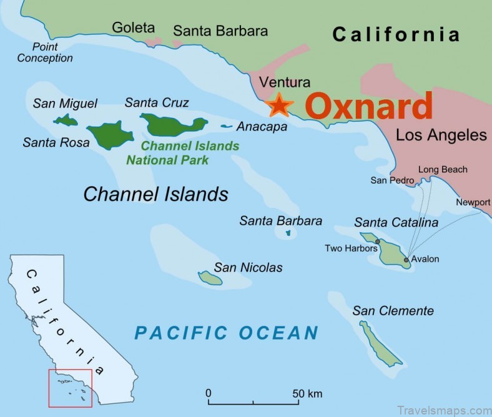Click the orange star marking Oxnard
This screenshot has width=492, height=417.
(x=278, y=105)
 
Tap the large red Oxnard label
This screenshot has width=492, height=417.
(x=370, y=106)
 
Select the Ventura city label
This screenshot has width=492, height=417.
(x=285, y=82)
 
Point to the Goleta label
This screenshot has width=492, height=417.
(x=133, y=27)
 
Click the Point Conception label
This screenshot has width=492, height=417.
(x=45, y=52)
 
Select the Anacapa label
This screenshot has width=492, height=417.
(x=262, y=127)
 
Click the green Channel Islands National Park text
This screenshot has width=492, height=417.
(x=181, y=153)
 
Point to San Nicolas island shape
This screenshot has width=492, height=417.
(x=210, y=277)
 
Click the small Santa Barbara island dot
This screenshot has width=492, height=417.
(x=288, y=233)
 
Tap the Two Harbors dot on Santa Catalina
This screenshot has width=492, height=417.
(x=378, y=241)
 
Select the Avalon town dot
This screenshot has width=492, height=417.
(x=406, y=260)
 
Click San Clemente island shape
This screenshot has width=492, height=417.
(x=380, y=343)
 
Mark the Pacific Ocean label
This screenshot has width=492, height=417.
(x=227, y=333)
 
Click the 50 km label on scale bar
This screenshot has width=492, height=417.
(x=307, y=394)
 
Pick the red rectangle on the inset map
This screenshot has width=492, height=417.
(x=71, y=387)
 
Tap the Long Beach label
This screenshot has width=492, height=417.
(x=443, y=169)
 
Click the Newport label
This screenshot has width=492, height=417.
(x=473, y=202)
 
